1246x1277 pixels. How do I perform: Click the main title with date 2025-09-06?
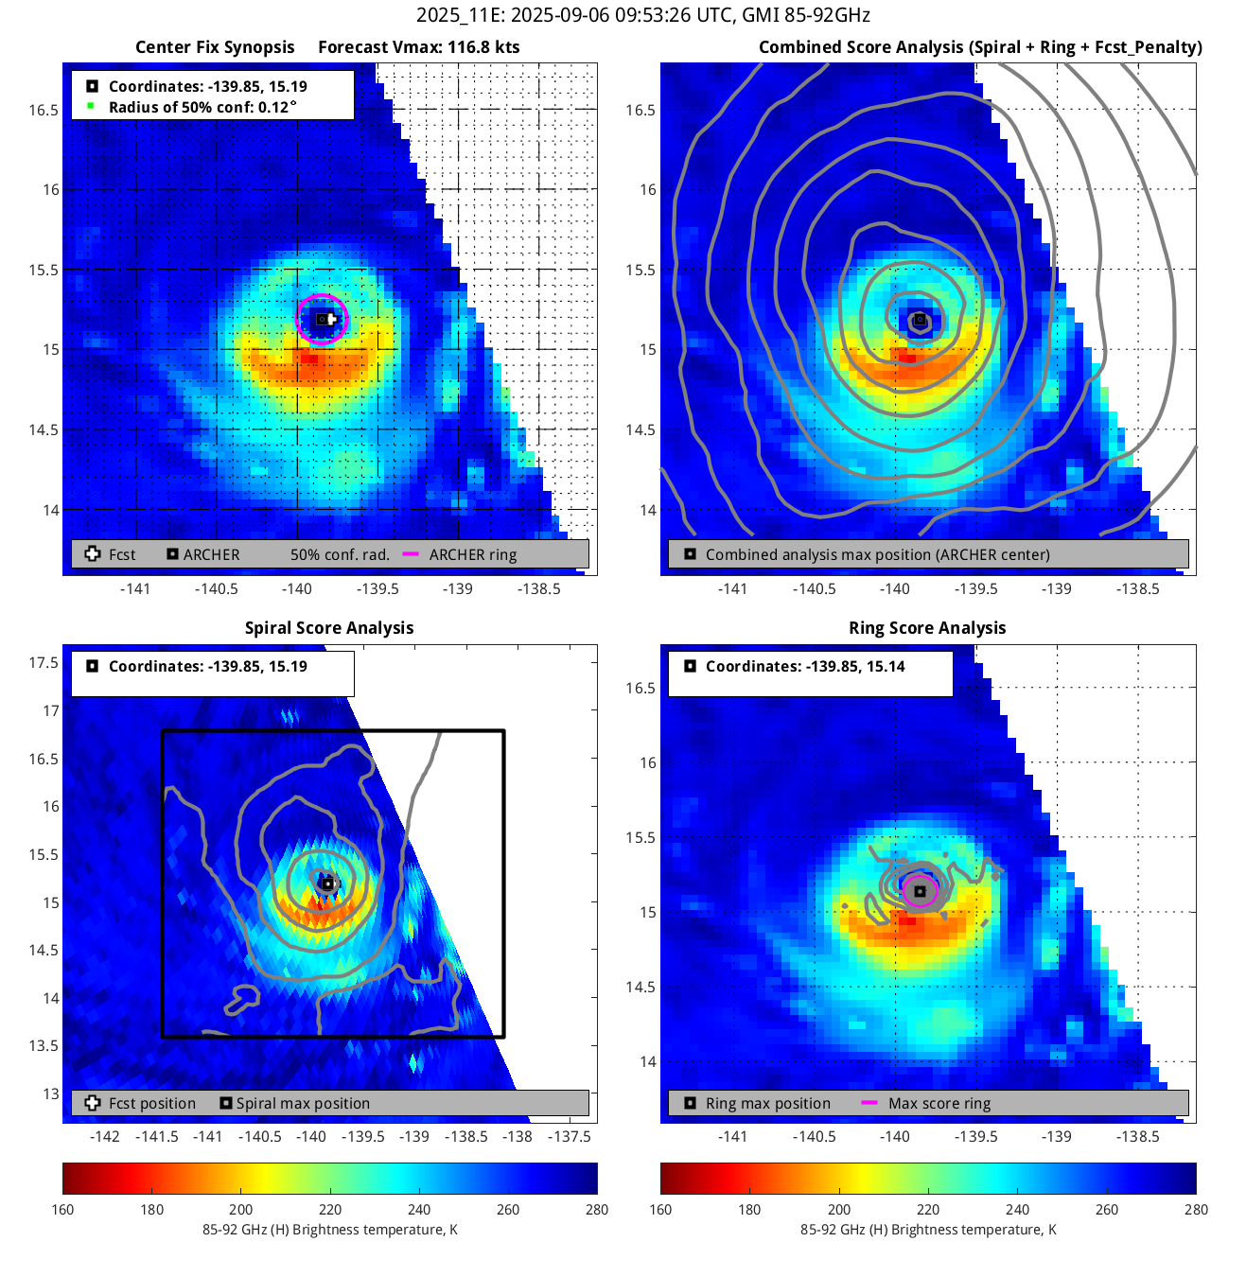coord(642,15)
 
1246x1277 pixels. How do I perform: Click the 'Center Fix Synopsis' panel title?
coord(215,47)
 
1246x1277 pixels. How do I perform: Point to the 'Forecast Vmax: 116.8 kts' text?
coord(418,47)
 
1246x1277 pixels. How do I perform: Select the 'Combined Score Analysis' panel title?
coord(980,47)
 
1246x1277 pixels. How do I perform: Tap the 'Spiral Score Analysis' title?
coord(329,628)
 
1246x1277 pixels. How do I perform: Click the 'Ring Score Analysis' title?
coord(927,628)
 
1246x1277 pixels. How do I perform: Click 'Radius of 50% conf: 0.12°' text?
coord(202,107)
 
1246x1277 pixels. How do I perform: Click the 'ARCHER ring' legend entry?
coord(472,554)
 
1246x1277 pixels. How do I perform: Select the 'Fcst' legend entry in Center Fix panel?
coord(122,554)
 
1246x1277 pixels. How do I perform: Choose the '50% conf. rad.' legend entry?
coord(340,554)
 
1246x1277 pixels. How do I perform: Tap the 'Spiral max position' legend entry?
coord(303,1103)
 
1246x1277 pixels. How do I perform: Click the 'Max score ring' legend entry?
coord(939,1103)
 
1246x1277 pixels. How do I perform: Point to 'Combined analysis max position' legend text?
coord(877,554)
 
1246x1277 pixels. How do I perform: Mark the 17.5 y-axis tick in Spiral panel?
coord(44,662)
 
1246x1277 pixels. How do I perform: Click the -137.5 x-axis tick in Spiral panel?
coord(570,1136)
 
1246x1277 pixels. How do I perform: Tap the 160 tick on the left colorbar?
coord(62,1209)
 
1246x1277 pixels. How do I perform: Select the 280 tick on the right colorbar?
coord(1196,1209)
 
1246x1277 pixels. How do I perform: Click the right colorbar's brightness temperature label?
coord(928,1230)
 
